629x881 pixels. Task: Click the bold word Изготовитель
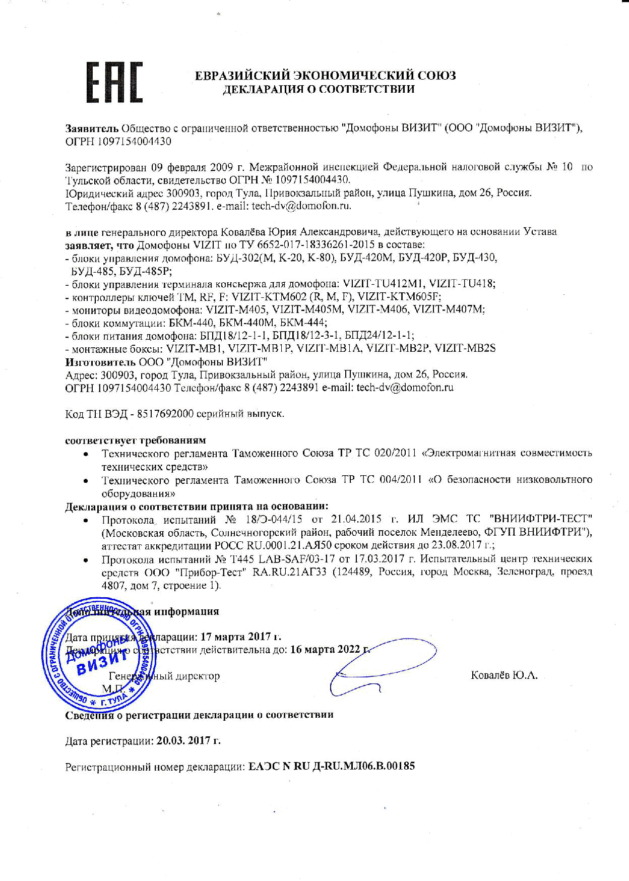pos(100,361)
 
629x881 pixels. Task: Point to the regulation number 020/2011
pos(399,453)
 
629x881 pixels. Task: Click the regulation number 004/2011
pos(399,479)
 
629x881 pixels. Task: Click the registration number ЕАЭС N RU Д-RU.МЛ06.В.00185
pos(332,767)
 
